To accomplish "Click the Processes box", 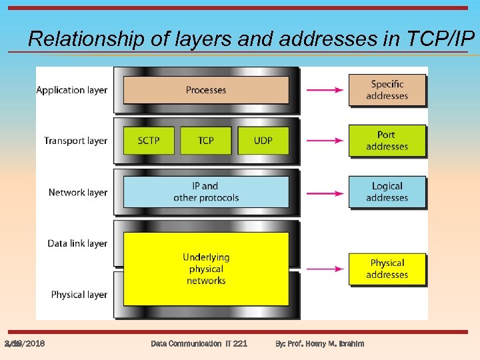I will [x=205, y=90].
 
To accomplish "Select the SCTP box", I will [x=148, y=140].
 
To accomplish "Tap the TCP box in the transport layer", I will [x=205, y=140].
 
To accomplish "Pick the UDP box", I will [x=263, y=140].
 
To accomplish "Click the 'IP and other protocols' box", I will [x=205, y=191].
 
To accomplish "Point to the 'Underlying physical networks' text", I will [x=205, y=269].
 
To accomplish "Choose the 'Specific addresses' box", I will [x=387, y=90].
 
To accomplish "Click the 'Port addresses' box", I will [x=387, y=141].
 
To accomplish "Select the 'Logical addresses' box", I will [x=387, y=191].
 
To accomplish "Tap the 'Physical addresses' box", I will [x=387, y=269].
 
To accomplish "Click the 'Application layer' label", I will [x=71, y=90].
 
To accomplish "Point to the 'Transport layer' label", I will [x=75, y=141].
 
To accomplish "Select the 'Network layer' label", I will [x=77, y=192].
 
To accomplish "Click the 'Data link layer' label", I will [x=77, y=243].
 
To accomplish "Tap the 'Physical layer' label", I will [x=79, y=295].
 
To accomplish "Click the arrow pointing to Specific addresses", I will [x=325, y=90].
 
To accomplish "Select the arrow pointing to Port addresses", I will [x=325, y=141].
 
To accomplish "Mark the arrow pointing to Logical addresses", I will [x=325, y=193].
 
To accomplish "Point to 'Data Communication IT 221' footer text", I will [x=199, y=343].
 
